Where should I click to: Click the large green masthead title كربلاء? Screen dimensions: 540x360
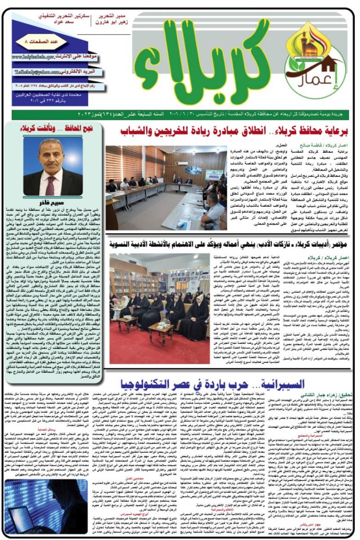click(x=208, y=67)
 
